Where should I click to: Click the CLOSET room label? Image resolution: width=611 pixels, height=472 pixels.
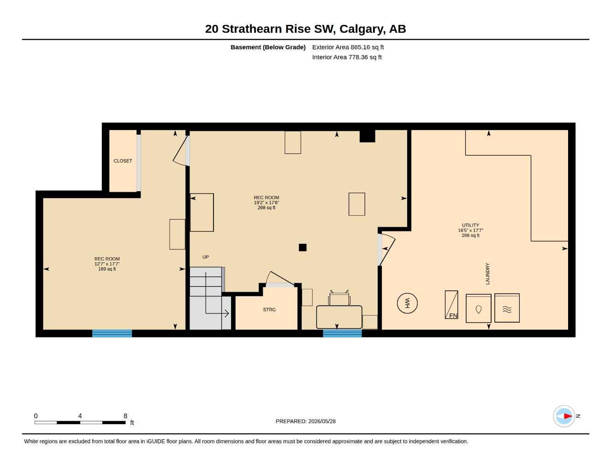coord(123,161)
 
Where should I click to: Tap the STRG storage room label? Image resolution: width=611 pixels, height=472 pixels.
coord(269,310)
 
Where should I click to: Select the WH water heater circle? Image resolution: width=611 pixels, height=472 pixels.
coord(407,303)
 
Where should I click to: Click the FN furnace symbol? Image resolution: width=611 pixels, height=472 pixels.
coord(451,305)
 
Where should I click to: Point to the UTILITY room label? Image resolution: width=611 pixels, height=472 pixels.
coord(470,225)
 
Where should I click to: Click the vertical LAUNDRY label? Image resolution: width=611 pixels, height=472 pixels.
coord(487,274)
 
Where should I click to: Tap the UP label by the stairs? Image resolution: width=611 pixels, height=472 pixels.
coord(206,257)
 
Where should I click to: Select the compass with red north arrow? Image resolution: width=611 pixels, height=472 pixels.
coord(564,416)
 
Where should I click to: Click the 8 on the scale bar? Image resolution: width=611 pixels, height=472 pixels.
coord(125,416)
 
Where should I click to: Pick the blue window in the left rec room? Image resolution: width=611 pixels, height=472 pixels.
coord(112,334)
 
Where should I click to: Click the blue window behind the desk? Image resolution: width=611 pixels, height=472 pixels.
coord(342,334)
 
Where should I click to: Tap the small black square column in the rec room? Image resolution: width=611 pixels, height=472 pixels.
coord(303,248)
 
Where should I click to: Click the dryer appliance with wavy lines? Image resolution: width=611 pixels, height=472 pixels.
coord(507,308)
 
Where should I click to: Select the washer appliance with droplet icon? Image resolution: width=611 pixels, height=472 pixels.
coord(478,308)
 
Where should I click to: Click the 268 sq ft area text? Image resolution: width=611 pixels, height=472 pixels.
coord(266,207)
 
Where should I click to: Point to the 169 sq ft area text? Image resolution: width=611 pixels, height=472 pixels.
coord(107,269)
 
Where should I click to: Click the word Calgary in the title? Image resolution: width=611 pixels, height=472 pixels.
coord(362,29)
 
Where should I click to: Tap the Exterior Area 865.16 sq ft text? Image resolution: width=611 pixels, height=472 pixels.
coord(348,47)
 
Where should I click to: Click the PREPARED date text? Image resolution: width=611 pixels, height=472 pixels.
coord(305,421)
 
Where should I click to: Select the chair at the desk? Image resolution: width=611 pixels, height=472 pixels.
coord(339,298)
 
